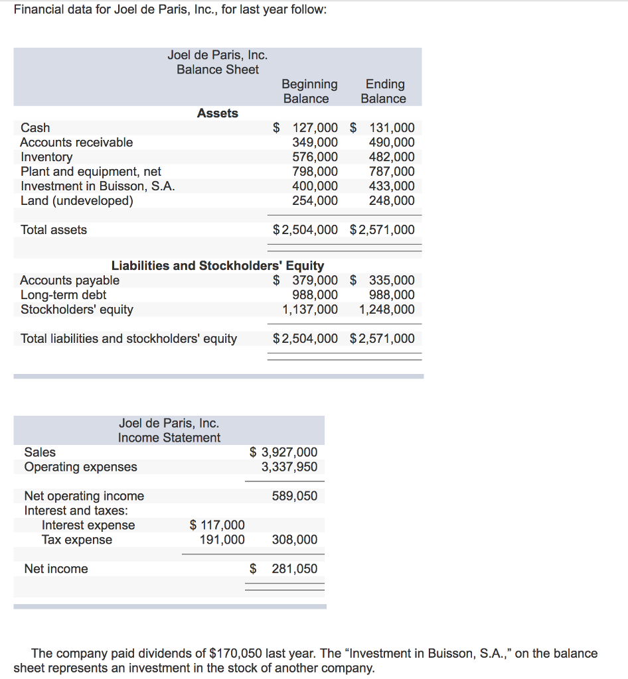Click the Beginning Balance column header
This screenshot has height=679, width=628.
click(x=309, y=92)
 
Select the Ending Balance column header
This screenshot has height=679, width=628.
click(x=384, y=92)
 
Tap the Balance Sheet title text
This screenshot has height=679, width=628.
click(x=218, y=69)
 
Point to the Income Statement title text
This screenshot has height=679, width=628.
click(x=169, y=438)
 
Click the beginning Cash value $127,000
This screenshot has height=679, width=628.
click(x=307, y=128)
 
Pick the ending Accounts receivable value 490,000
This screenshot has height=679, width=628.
click(x=392, y=143)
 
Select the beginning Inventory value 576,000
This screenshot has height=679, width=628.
click(x=315, y=157)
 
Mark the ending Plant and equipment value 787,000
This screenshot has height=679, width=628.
click(x=392, y=172)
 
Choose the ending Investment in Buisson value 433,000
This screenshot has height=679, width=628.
click(x=392, y=186)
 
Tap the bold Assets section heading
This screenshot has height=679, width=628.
click(x=218, y=113)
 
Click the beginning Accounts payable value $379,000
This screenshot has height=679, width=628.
click(x=307, y=280)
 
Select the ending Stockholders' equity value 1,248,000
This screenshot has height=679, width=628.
click(x=387, y=310)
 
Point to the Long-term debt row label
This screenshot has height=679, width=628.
click(x=63, y=295)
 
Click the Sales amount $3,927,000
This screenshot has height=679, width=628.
click(x=284, y=452)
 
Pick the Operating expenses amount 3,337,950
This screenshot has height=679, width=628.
click(x=289, y=467)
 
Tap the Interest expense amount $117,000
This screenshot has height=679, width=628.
click(x=218, y=526)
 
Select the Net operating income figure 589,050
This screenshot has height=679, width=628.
click(x=295, y=496)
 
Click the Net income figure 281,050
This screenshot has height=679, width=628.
click(x=295, y=569)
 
